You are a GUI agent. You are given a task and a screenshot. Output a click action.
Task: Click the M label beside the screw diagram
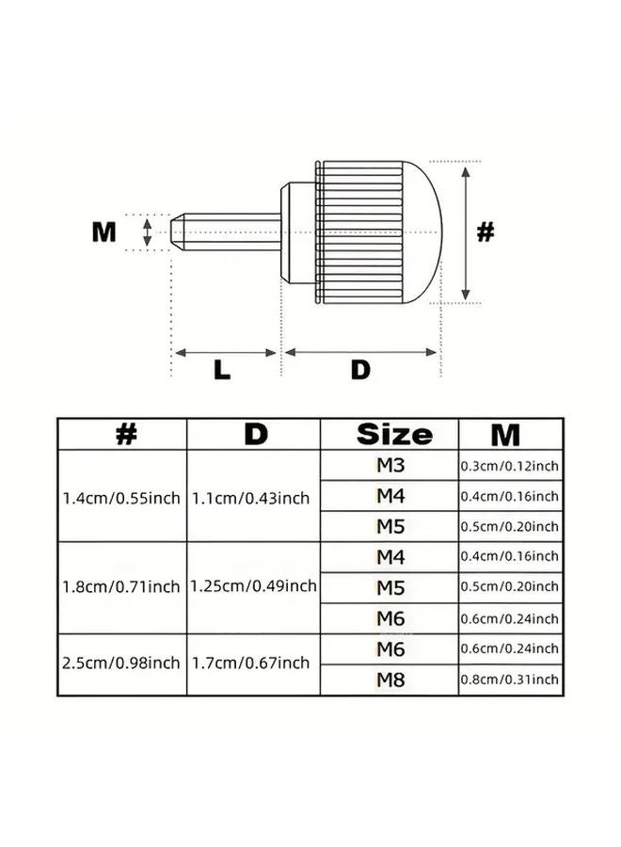point(103,232)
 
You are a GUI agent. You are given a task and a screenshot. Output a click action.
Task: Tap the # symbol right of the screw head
point(485,232)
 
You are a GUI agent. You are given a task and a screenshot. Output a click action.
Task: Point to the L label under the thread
point(222,370)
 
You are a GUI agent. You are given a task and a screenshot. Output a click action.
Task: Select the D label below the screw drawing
point(360,370)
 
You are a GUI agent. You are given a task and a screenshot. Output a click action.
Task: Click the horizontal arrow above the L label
point(226,353)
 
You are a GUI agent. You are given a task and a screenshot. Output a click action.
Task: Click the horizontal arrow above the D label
point(360,353)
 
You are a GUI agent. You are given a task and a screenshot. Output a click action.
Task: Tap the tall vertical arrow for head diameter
point(466,232)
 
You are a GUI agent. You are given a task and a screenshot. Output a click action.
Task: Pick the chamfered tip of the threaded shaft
point(182,232)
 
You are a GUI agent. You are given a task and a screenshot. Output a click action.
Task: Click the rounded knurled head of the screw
point(376,232)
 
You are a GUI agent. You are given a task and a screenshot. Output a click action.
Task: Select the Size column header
point(394,435)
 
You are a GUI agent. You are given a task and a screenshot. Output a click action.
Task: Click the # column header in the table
point(125,435)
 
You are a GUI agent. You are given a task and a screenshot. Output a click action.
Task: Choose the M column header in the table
point(505,435)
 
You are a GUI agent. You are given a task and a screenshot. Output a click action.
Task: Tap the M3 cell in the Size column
point(390,466)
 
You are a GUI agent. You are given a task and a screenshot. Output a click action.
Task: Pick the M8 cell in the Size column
point(390,679)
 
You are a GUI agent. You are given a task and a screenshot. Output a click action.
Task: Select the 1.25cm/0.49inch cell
point(253,586)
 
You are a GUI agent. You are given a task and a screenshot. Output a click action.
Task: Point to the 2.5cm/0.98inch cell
point(120,663)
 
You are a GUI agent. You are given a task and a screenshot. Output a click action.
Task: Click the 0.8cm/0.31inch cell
point(509,679)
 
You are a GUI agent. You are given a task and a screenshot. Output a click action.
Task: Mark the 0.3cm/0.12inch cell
point(509,466)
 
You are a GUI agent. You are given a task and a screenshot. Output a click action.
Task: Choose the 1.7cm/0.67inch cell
point(251,663)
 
